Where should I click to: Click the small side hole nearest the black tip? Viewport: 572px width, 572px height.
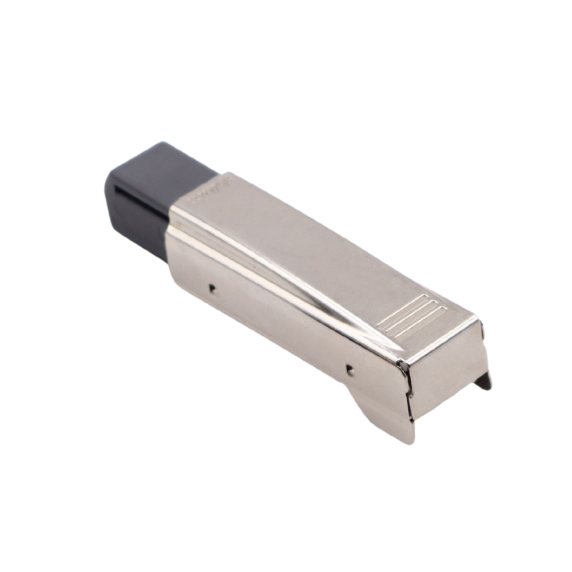(x=212, y=288)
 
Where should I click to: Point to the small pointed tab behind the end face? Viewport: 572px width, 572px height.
(x=484, y=380)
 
